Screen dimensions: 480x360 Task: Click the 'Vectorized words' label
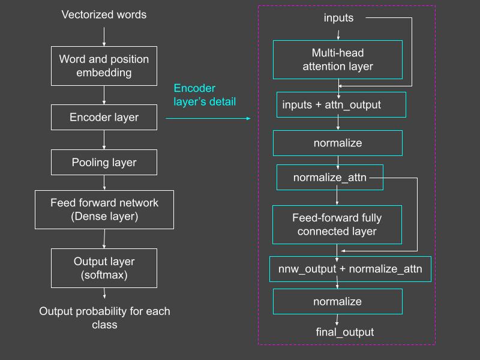click(x=104, y=14)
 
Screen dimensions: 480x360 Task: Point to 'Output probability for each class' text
click(x=104, y=318)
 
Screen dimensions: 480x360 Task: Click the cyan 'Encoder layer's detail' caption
click(x=205, y=95)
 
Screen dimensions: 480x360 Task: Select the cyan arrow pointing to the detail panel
click(x=208, y=118)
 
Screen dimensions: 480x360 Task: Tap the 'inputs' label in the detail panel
click(x=338, y=18)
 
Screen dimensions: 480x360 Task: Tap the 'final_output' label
click(x=345, y=332)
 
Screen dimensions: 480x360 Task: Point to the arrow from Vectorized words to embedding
click(x=104, y=37)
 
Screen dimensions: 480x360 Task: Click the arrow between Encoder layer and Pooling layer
click(x=104, y=140)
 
